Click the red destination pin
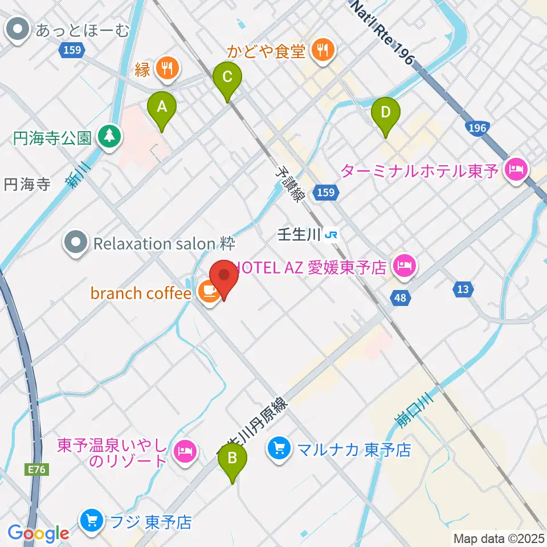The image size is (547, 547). [224, 276]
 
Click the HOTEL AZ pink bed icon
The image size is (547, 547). [404, 266]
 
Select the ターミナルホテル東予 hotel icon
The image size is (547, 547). [517, 169]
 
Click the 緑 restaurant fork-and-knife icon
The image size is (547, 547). [167, 70]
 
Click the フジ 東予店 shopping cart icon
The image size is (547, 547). [91, 521]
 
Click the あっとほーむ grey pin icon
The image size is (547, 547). [20, 30]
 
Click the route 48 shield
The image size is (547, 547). [401, 297]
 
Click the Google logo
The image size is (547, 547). [39, 533]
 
